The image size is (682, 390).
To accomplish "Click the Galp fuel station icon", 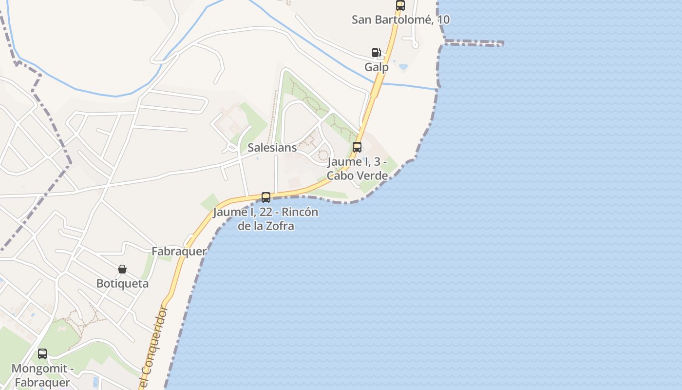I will (x=376, y=53).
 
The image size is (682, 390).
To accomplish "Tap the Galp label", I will (x=377, y=67).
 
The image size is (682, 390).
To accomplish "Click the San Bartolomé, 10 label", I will (x=400, y=20).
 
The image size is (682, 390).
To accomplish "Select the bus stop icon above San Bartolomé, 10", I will (x=400, y=5).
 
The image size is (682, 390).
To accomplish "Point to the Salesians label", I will (x=272, y=148).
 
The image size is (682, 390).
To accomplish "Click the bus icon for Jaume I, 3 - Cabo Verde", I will (x=357, y=147).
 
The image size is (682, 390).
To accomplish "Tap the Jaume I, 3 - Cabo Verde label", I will (x=357, y=168).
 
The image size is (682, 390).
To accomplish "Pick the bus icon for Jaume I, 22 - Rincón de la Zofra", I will (x=266, y=197).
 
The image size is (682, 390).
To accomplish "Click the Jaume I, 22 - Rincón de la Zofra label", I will (x=265, y=219).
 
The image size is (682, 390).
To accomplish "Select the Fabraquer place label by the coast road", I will (x=179, y=252).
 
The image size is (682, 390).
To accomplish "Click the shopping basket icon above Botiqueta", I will (x=122, y=269).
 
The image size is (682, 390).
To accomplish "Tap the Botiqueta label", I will (x=122, y=284).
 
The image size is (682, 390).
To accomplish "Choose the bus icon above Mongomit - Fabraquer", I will (x=42, y=354).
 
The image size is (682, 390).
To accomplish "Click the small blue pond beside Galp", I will (x=403, y=66).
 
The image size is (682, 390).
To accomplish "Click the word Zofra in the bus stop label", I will (x=281, y=226).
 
